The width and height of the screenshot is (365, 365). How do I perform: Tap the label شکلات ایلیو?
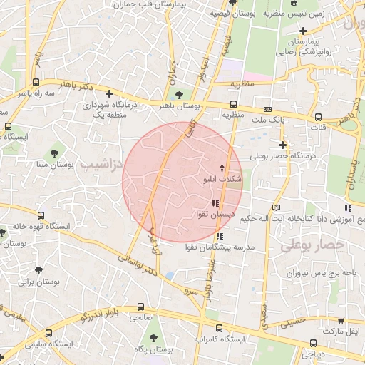pos(223,179)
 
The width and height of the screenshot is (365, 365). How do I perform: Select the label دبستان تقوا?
pos(216,214)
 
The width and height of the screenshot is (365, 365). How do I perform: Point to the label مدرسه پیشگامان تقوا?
pos(219,247)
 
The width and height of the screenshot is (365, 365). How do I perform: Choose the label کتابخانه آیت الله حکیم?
pos(288,217)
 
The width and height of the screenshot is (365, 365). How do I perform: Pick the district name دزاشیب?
pos(99,165)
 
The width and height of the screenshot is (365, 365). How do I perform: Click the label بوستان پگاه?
pos(155,349)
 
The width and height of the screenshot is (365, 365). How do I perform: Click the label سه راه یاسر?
pos(37,93)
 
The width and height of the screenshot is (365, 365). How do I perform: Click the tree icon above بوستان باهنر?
pos(178,94)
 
